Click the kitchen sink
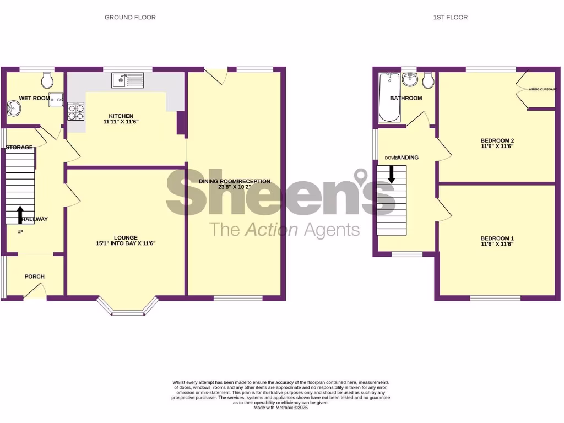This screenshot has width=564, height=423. point(126,81)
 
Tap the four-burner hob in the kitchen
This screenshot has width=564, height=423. point(76,112)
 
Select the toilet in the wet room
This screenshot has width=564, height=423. point(47,80)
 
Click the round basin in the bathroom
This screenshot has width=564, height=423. point(410,80)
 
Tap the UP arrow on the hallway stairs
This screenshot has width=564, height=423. point(20,214)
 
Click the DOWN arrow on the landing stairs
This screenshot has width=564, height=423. point(392,173)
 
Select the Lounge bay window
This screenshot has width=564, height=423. point(128,309)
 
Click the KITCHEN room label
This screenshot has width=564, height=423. point(121,116)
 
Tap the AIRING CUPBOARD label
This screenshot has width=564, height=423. point(541,89)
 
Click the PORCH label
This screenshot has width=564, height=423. point(34,276)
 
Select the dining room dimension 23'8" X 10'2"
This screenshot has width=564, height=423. point(235,187)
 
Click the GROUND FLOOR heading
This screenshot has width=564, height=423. point(130,17)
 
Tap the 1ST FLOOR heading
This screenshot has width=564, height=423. point(450,17)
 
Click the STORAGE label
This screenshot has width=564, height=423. point(19,147)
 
